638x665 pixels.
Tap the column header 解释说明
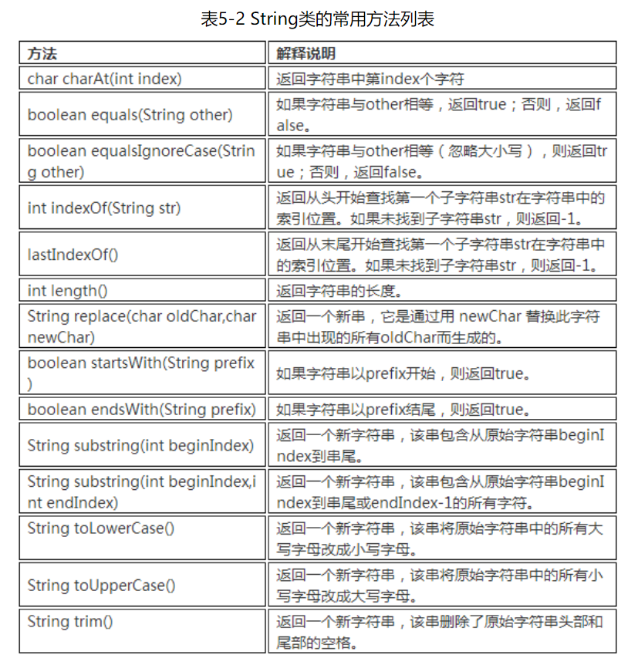[306, 53]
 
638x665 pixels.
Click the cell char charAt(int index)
[105, 79]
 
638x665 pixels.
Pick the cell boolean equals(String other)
[130, 115]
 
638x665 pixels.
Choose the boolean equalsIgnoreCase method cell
[141, 161]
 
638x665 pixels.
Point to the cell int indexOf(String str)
[104, 208]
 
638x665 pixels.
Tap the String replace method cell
[142, 326]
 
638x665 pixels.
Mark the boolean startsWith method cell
[141, 373]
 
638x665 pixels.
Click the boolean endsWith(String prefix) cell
[142, 409]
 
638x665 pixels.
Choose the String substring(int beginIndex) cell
[140, 445]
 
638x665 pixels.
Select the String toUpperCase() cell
[101, 585]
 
